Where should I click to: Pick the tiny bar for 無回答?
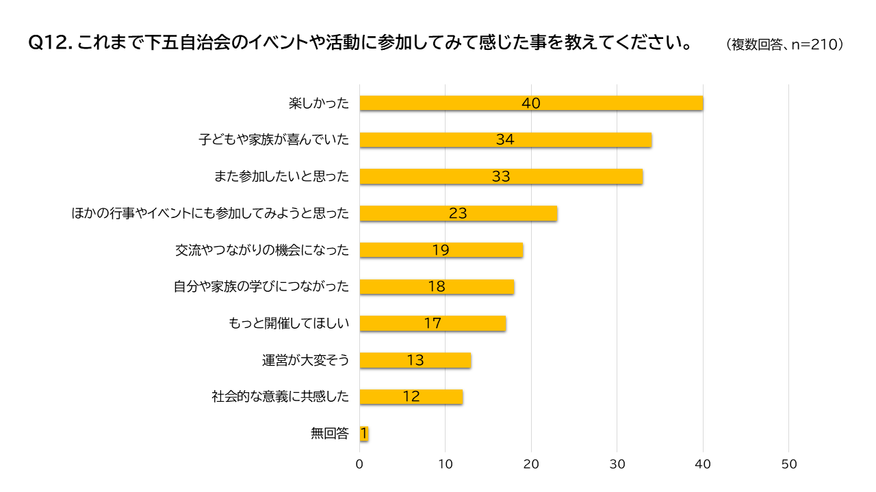364,433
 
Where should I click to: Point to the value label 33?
501,176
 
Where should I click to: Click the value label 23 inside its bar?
458,213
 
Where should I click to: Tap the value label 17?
433,323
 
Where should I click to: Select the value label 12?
411,396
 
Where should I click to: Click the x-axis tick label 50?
789,464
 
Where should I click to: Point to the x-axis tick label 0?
360,464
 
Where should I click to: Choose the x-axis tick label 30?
617,464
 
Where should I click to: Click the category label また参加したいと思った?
282,176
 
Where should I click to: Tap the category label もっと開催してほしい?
289,323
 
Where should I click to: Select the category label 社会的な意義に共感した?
281,396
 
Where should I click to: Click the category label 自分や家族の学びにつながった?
261,286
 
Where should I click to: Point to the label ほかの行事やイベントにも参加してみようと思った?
211,213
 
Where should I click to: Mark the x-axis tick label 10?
446,464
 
